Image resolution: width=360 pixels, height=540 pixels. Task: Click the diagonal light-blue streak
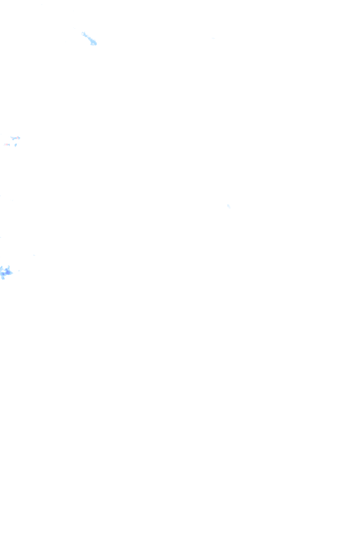click(x=89, y=39)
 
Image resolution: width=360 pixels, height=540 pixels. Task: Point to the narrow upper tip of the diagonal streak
click(x=83, y=33)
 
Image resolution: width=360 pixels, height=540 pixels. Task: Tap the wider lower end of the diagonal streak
click(x=94, y=44)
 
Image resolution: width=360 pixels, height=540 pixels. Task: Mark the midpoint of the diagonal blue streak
click(x=89, y=38)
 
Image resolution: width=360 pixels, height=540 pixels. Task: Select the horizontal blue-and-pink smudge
click(x=15, y=139)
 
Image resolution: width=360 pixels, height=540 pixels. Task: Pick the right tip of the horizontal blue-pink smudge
click(x=20, y=139)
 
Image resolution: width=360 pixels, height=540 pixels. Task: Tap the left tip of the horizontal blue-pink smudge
click(x=11, y=138)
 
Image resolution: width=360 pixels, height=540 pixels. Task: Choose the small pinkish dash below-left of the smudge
click(x=7, y=144)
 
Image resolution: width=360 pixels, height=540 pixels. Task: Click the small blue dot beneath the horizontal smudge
click(x=15, y=145)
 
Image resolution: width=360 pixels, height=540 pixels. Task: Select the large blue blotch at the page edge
click(x=6, y=272)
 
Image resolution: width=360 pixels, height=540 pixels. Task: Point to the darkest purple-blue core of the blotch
click(x=7, y=273)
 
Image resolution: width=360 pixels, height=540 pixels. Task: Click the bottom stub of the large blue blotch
click(x=4, y=278)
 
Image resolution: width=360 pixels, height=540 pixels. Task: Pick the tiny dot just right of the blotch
click(x=18, y=271)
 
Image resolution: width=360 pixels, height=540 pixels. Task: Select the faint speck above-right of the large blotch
click(x=34, y=255)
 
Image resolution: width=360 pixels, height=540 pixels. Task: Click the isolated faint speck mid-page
click(x=229, y=205)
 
